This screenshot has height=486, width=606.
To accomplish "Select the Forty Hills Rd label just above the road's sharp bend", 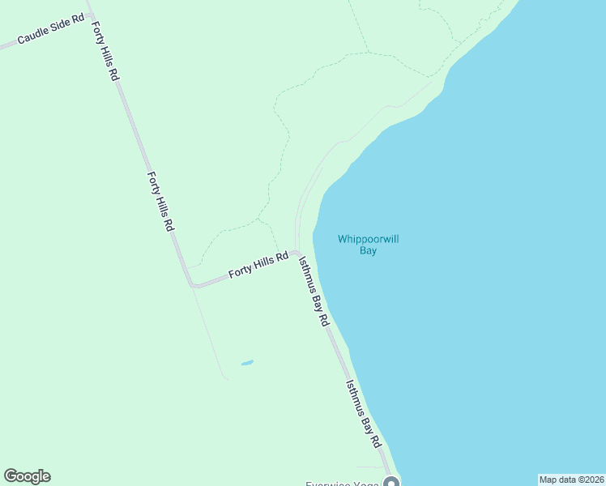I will pyautogui.click(x=160, y=201).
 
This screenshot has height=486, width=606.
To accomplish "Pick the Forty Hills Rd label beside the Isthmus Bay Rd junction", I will pyautogui.click(x=258, y=265).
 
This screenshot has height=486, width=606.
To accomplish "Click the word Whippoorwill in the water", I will pyautogui.click(x=369, y=239).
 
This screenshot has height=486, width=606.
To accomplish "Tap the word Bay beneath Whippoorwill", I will pyautogui.click(x=369, y=251).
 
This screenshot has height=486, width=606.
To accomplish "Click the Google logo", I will pyautogui.click(x=27, y=476).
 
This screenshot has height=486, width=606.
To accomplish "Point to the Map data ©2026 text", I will pyautogui.click(x=571, y=480).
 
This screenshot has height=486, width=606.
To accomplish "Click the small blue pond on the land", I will pyautogui.click(x=247, y=362).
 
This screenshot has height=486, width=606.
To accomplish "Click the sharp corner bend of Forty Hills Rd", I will pyautogui.click(x=193, y=285).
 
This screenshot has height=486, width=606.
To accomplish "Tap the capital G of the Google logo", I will pyautogui.click(x=10, y=476).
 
